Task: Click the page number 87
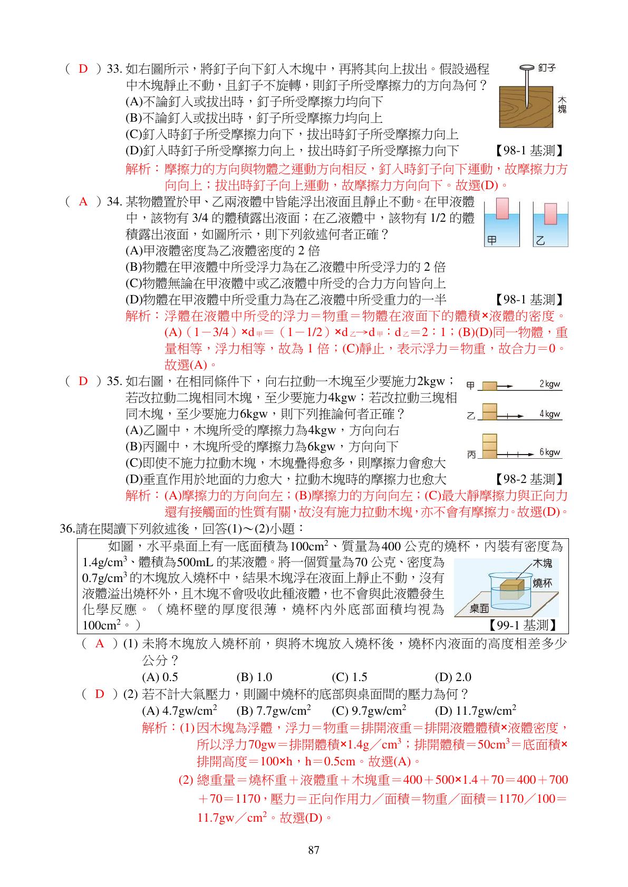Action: point(313,850)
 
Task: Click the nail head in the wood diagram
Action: point(527,68)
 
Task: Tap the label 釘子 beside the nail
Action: point(547,68)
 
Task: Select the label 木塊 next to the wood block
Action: point(562,105)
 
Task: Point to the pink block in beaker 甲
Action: point(502,209)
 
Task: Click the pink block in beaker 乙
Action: point(550,214)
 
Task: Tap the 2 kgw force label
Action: point(549,384)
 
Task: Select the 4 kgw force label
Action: point(549,414)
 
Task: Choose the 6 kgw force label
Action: point(549,452)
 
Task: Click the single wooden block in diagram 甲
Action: point(489,386)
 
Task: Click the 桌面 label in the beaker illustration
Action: point(479,608)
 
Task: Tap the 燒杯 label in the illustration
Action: point(542,583)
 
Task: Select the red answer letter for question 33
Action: point(83,68)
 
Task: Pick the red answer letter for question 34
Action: point(83,202)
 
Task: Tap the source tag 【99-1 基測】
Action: point(522,625)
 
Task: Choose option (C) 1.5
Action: point(349,677)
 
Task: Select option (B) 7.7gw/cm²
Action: point(274,711)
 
